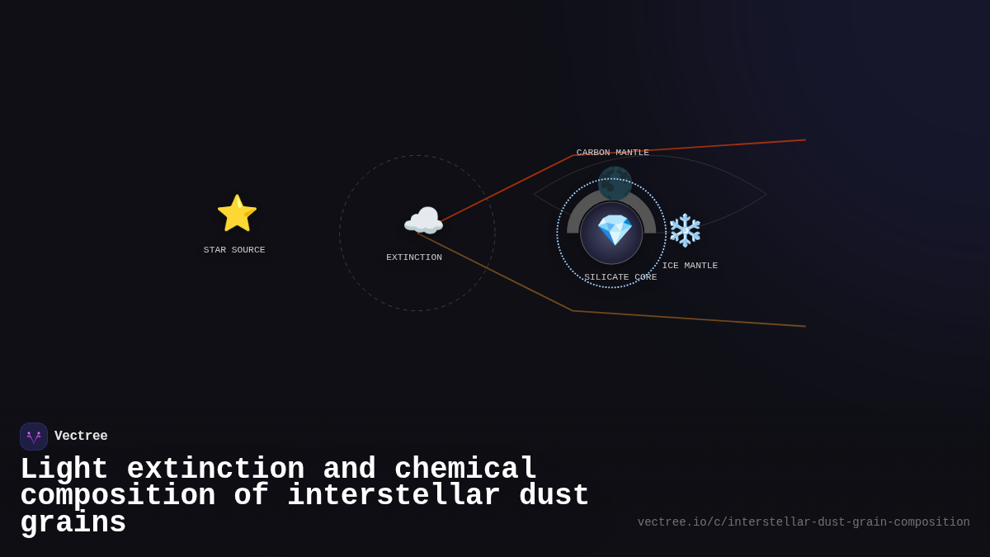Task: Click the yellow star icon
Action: [237, 214]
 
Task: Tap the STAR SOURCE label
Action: [234, 250]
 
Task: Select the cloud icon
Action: [423, 221]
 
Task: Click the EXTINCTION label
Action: [414, 257]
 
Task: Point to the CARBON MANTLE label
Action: [612, 153]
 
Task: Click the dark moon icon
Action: [615, 183]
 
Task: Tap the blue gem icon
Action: [615, 230]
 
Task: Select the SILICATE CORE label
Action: [620, 277]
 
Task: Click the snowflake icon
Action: [685, 230]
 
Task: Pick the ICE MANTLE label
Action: [690, 266]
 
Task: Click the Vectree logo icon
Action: [34, 437]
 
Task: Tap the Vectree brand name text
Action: [81, 437]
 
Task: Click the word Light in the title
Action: [64, 470]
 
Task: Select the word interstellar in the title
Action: [394, 496]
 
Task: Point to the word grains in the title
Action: [73, 523]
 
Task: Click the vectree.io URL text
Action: [804, 522]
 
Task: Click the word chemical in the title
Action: [465, 470]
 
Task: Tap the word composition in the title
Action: [118, 496]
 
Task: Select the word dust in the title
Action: [554, 496]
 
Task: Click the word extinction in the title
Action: [215, 470]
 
